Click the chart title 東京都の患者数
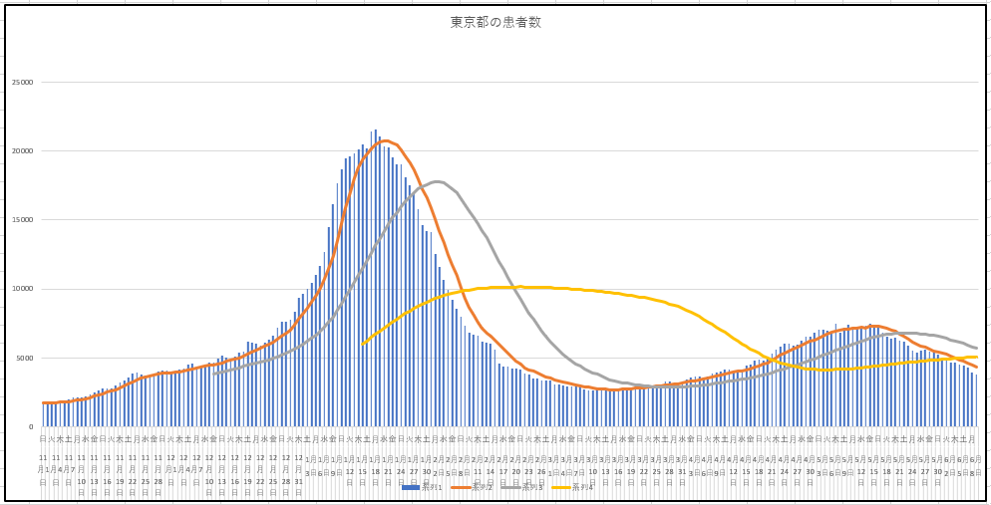[x=495, y=22]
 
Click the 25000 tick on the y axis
[x=22, y=82]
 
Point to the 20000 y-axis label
[x=22, y=150]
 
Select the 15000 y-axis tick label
[x=22, y=219]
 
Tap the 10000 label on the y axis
[x=22, y=289]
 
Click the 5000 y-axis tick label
[x=24, y=358]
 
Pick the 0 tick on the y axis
[x=30, y=426]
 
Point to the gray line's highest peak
[x=438, y=181]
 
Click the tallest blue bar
[x=375, y=129]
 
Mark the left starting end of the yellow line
[x=362, y=345]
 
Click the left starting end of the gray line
[x=213, y=374]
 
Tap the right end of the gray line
[x=977, y=348]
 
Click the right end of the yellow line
[x=977, y=357]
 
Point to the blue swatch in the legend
[x=411, y=487]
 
